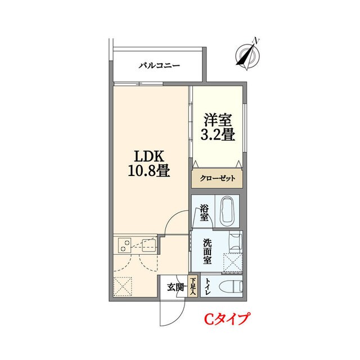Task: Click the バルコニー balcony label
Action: coord(159,66)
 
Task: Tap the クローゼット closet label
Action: coord(218,179)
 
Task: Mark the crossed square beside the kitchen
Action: coord(123,285)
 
